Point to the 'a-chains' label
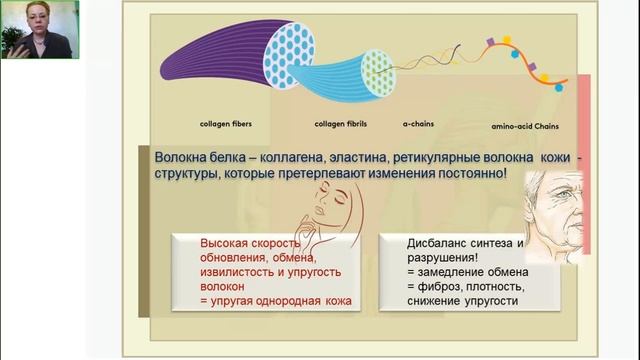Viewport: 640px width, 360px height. [x=417, y=126]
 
